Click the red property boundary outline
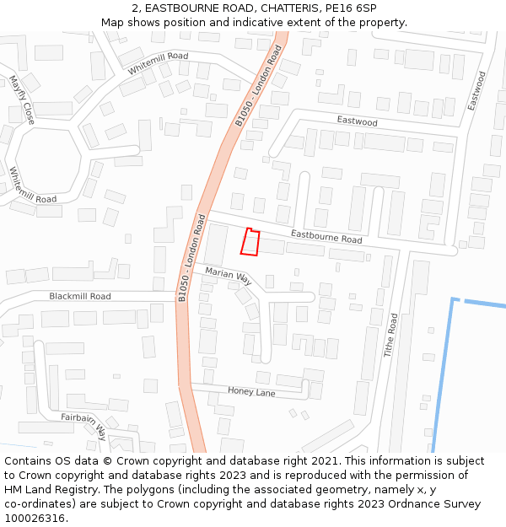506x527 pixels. pos(250,241)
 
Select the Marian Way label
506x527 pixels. pos(228,275)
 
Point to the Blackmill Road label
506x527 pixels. pos(80,296)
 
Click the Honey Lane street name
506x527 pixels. pos(251,391)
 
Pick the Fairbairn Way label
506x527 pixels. pos(83,427)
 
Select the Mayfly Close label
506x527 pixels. pos(21,100)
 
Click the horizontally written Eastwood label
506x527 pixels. pos(357,121)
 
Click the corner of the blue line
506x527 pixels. pos(454,299)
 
